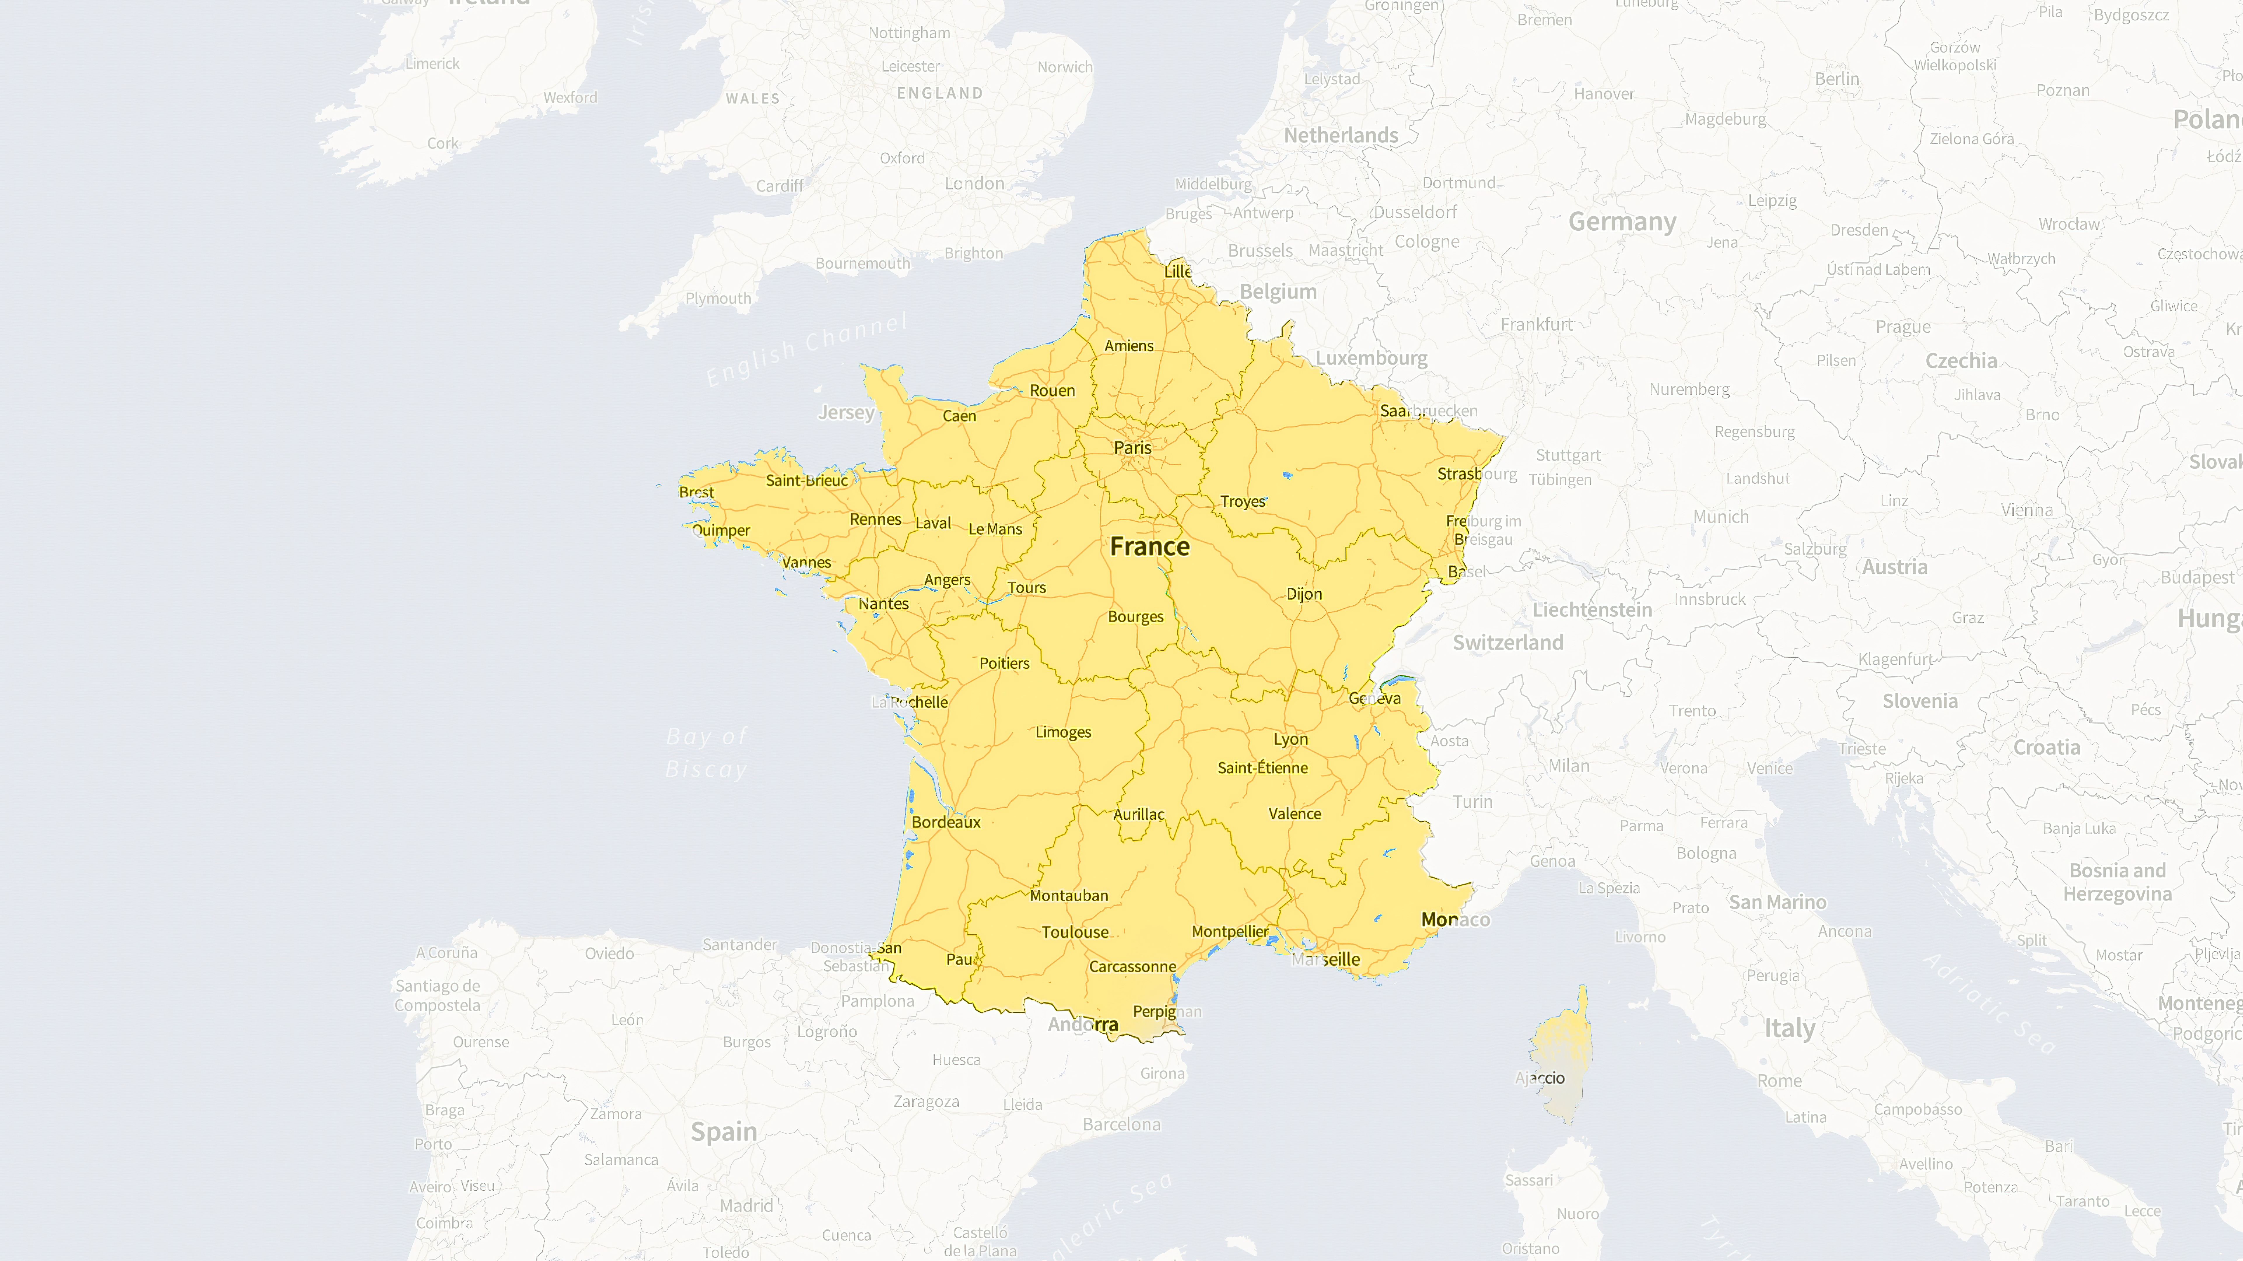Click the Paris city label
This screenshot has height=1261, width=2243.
[1132, 447]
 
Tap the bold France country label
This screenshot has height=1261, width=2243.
[1149, 546]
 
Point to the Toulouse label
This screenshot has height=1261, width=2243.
[1075, 932]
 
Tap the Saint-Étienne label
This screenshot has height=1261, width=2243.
[1263, 768]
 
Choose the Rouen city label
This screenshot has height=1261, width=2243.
[1052, 391]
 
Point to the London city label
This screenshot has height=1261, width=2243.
[974, 184]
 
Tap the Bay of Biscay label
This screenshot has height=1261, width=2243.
[706, 753]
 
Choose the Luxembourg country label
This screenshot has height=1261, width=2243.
[1372, 358]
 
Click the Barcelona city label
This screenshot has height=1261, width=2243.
[1121, 1124]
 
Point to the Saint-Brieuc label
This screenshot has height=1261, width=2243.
[806, 480]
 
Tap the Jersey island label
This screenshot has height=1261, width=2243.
[846, 412]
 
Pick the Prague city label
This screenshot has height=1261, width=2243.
[1902, 327]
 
